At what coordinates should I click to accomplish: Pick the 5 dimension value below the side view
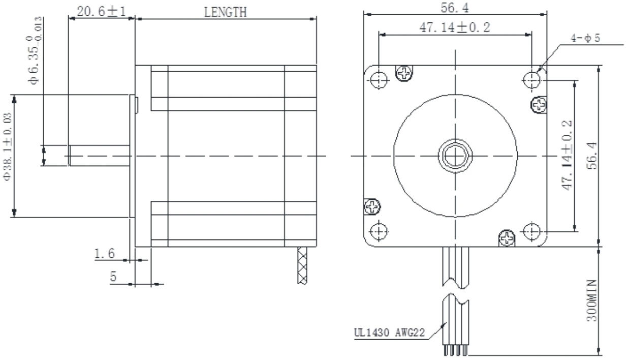click(x=114, y=277)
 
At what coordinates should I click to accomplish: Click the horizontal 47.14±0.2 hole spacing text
click(x=455, y=27)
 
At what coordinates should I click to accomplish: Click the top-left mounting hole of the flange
click(x=379, y=79)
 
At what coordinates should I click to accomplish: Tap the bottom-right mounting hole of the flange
click(x=531, y=232)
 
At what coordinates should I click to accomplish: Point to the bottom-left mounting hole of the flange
click(x=379, y=232)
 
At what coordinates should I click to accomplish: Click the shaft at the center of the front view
click(x=455, y=155)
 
